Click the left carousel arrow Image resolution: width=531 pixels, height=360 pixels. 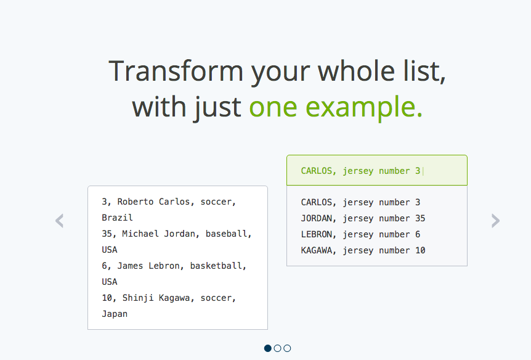tap(59, 221)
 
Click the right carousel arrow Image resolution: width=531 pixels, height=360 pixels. tap(495, 221)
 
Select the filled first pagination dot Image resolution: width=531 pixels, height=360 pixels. tap(267, 348)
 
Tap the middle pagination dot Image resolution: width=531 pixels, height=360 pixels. tap(277, 348)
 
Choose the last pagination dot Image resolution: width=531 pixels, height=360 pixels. tap(287, 348)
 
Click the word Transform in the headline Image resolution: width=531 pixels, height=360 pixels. tap(176, 71)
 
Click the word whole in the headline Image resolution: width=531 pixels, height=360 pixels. tap(356, 71)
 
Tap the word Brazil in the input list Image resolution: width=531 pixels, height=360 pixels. tap(117, 218)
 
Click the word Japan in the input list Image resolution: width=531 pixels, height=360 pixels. tap(115, 314)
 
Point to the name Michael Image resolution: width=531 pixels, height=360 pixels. tap(140, 234)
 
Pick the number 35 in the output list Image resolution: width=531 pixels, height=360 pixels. tap(420, 218)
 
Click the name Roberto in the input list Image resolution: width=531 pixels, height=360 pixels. tap(136, 202)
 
